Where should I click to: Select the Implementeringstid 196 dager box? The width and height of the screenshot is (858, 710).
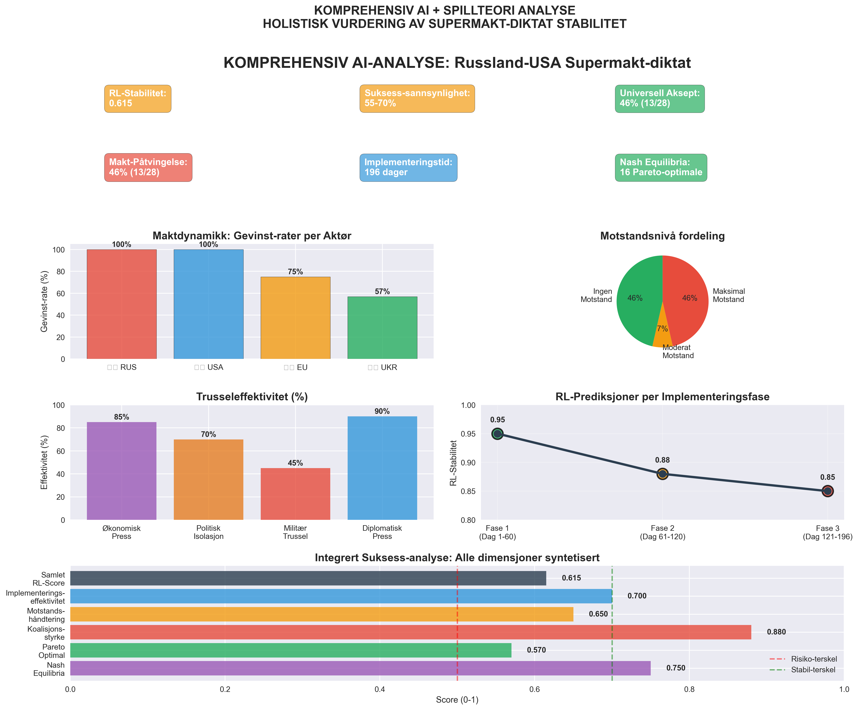coord(408,167)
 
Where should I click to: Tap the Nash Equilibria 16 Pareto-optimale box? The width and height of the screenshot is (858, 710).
coord(661,167)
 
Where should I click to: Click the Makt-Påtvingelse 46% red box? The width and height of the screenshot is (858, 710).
coord(148,167)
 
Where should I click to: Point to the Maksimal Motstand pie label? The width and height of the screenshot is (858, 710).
coord(729,295)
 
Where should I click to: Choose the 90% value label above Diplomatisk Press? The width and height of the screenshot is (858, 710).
coord(382,411)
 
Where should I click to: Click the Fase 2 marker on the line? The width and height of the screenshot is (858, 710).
coord(662,474)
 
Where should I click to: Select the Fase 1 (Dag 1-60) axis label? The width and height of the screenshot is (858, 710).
coord(497,532)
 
